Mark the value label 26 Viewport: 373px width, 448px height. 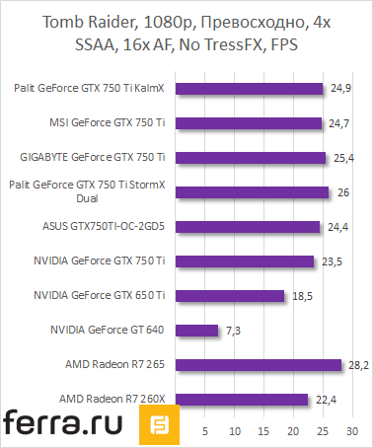click(342, 192)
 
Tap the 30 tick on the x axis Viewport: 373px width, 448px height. click(351, 431)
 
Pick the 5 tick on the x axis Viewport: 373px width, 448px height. click(205, 431)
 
